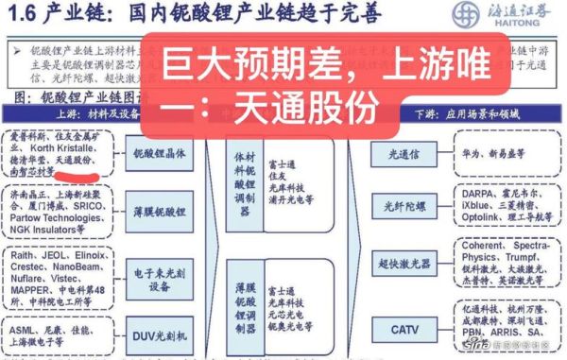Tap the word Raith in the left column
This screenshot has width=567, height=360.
(x=21, y=254)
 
